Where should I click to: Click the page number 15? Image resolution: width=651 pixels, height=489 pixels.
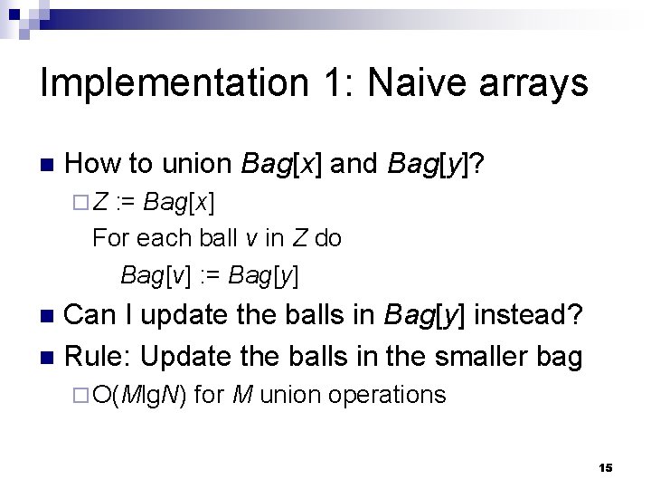[x=606, y=467]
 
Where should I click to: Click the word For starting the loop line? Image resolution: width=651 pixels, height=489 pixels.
[x=111, y=237]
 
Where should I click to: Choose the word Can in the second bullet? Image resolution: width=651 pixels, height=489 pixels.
[x=92, y=315]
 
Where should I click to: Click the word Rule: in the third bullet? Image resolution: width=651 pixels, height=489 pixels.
[x=99, y=356]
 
